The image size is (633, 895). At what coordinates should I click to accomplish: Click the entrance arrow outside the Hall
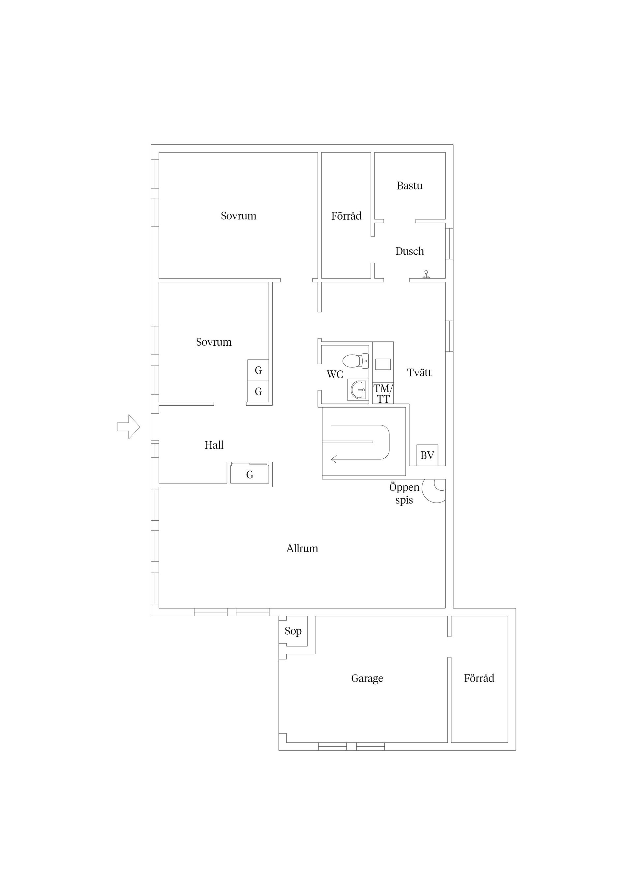[128, 427]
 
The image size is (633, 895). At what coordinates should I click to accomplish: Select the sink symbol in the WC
[358, 390]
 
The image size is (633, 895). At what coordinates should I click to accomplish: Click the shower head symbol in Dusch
[427, 274]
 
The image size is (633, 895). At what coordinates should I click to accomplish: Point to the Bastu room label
[409, 186]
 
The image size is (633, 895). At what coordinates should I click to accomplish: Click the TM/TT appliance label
[383, 394]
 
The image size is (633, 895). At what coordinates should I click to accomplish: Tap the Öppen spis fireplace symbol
[435, 490]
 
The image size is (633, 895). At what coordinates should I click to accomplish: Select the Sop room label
[293, 631]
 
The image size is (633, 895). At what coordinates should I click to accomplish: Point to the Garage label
[367, 678]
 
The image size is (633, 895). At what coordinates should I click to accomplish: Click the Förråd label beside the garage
[479, 678]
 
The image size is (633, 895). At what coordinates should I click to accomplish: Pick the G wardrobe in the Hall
[250, 475]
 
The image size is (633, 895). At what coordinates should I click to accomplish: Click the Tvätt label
[419, 373]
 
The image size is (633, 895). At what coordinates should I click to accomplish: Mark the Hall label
[214, 445]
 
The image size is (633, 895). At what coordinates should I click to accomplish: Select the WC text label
[335, 375]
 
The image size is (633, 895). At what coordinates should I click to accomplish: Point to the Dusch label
[409, 251]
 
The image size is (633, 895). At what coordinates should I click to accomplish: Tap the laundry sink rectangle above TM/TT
[383, 364]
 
